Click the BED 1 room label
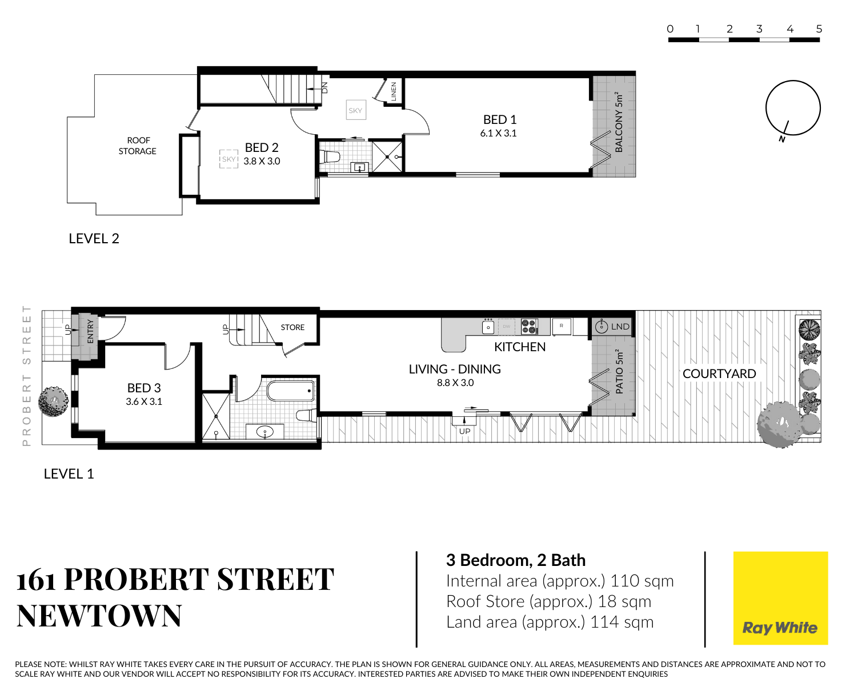click(499, 120)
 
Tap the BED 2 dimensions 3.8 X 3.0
click(262, 161)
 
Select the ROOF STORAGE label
click(138, 146)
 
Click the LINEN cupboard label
click(394, 91)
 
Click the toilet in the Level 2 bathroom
click(330, 156)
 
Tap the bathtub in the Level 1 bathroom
click(291, 391)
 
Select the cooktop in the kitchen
click(530, 326)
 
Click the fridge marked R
click(562, 326)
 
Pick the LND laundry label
click(620, 327)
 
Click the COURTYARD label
click(719, 373)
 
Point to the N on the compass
click(781, 139)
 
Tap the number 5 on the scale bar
click(819, 29)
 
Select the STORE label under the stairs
click(292, 327)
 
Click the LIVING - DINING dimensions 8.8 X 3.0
click(455, 383)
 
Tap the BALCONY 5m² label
click(619, 122)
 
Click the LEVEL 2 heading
click(94, 239)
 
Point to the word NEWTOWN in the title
click(99, 616)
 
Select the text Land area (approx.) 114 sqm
click(550, 622)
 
